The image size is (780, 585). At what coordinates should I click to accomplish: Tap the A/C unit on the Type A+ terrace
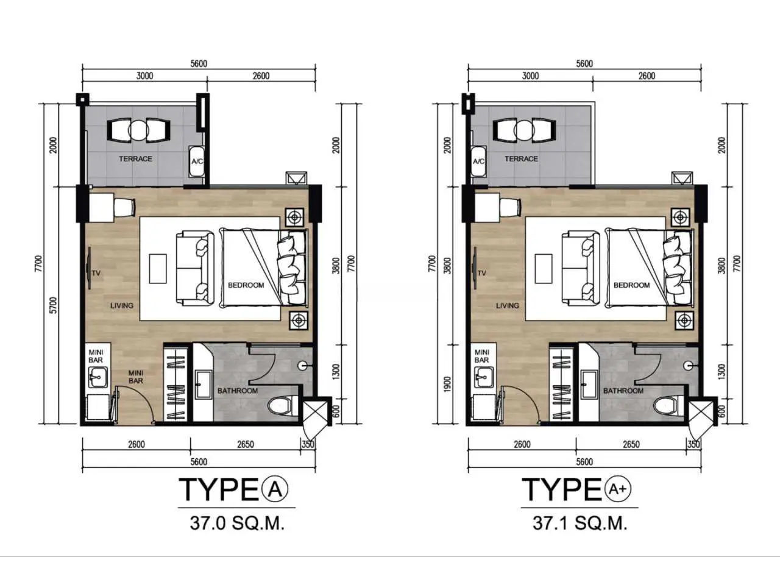point(478,161)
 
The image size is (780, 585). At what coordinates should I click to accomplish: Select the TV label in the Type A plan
point(96,273)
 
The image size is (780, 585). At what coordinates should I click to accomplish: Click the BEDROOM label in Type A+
point(631,285)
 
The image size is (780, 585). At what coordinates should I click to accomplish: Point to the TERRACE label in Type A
point(135,159)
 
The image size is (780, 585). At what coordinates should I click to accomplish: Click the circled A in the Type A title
point(275,489)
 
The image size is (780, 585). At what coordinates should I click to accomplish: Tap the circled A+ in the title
point(618,489)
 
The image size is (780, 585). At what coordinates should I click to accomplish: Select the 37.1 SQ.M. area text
point(580,523)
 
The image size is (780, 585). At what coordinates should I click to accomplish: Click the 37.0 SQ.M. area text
point(237,523)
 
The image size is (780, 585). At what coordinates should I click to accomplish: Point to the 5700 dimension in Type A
point(53,305)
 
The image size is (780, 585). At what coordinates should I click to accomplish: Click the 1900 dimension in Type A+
point(447,385)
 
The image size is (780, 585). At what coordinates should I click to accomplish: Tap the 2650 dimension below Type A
point(245,444)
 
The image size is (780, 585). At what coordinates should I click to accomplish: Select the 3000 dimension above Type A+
point(530,76)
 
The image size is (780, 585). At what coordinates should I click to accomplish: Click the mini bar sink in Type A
point(97,378)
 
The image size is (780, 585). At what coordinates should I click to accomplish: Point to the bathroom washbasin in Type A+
point(589,384)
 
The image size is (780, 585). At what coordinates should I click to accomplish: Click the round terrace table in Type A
point(138,130)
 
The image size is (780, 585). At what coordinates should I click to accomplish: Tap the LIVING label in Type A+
point(507,305)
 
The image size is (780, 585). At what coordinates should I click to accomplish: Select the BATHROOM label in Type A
point(238,391)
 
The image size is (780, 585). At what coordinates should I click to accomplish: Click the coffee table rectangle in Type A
point(158,269)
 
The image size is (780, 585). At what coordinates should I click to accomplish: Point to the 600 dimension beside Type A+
point(721,411)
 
